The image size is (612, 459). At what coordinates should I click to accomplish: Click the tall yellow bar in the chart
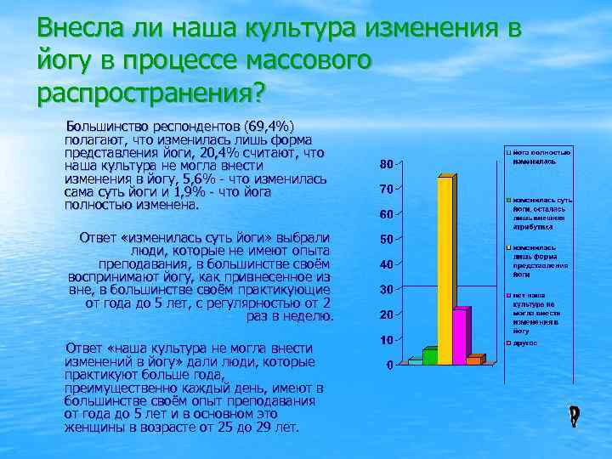tap(445, 270)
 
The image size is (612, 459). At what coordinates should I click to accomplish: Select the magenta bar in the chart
tap(459, 337)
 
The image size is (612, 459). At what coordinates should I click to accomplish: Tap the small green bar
tap(430, 357)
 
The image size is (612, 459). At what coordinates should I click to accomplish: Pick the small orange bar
tap(473, 361)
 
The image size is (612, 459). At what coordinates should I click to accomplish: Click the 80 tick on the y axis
tap(386, 163)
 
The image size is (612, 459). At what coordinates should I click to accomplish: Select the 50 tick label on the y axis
tap(386, 239)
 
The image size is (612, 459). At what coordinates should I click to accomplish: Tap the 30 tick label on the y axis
tap(386, 290)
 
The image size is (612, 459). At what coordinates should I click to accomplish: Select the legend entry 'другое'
tap(525, 343)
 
